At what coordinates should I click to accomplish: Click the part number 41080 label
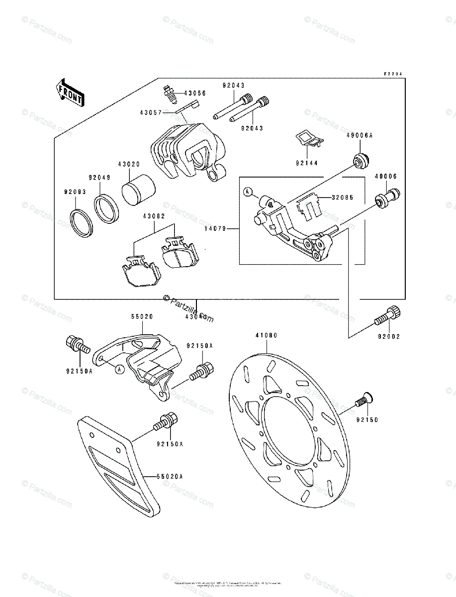tap(267, 336)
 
